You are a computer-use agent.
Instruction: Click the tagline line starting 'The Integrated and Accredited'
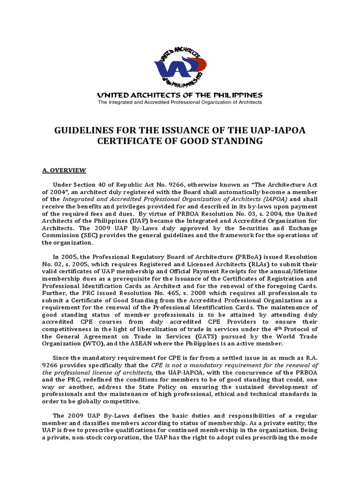point(180,102)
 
